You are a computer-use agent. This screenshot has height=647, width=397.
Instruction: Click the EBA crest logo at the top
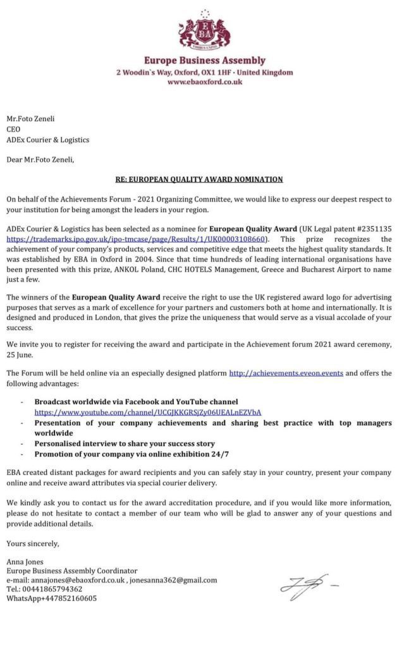[204, 30]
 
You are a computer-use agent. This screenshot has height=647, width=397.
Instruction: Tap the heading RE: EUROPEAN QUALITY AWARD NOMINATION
[199, 179]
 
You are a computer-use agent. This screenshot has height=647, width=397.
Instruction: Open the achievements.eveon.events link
[286, 373]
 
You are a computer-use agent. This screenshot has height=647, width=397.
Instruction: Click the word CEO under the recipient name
[13, 129]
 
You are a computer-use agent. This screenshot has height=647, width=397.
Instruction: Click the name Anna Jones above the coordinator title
[24, 560]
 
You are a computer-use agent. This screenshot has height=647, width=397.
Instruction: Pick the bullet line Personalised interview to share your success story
[125, 444]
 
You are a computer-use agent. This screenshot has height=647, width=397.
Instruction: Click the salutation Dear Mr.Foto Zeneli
[40, 159]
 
